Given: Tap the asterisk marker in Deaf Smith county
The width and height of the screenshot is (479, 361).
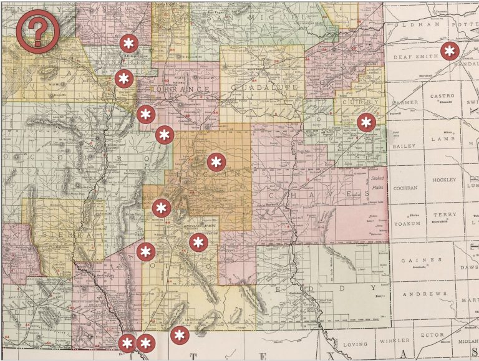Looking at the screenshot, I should pyautogui.click(x=449, y=51).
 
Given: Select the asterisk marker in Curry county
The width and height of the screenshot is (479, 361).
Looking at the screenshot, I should pyautogui.click(x=365, y=122).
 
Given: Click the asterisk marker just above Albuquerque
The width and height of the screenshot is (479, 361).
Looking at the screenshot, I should pyautogui.click(x=129, y=44).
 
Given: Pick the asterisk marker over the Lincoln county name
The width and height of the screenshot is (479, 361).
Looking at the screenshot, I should pyautogui.click(x=216, y=162).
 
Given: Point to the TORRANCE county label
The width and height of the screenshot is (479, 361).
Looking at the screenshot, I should pyautogui.click(x=186, y=89).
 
